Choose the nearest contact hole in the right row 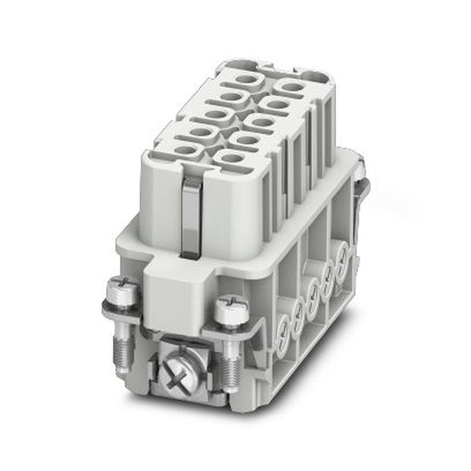point(231,158)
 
